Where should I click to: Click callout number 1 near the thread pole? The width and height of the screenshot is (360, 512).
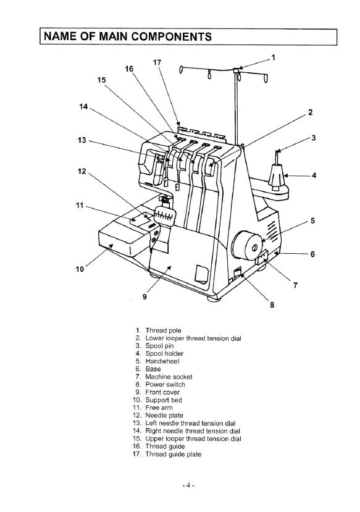(x=274, y=57)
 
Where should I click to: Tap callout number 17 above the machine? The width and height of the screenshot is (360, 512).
(x=157, y=62)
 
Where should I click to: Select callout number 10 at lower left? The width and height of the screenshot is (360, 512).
(x=79, y=269)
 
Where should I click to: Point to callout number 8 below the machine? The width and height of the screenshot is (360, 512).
(x=272, y=303)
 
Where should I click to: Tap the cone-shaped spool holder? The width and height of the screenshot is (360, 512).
(x=276, y=179)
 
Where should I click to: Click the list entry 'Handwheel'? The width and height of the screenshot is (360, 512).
(x=162, y=361)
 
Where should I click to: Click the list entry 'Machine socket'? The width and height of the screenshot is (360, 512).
(x=168, y=377)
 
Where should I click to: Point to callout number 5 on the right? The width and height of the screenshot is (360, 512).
(x=312, y=220)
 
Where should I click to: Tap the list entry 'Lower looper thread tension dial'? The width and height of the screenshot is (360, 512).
(x=193, y=338)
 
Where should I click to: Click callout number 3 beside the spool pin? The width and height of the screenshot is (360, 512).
(x=313, y=138)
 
